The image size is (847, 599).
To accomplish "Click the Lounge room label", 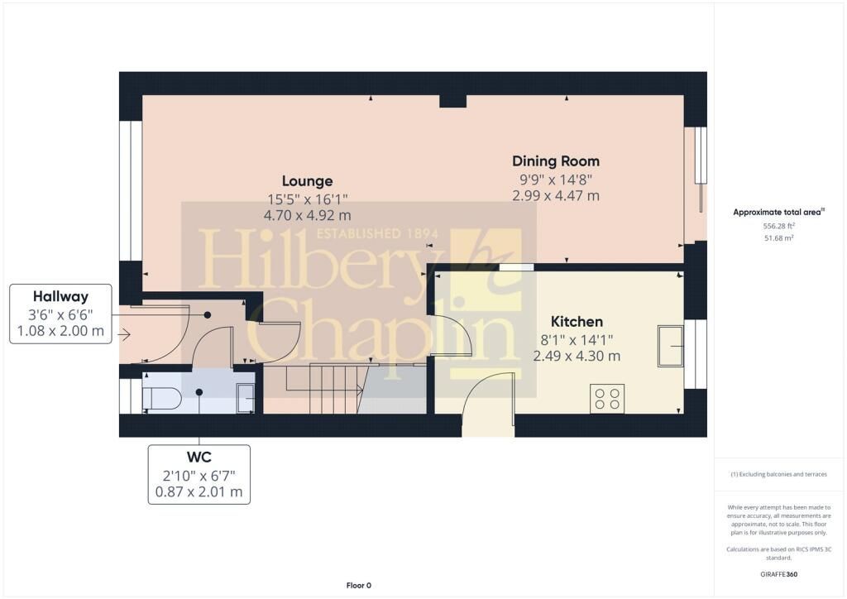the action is point(307,181).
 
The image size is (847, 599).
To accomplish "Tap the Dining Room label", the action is point(555,161).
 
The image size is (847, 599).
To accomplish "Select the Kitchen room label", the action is point(577,321).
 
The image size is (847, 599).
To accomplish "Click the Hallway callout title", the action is point(60,296).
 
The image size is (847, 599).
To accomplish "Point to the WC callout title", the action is point(199,458).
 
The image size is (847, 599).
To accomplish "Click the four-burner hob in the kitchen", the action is point(607,399).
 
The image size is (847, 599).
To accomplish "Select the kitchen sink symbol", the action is point(671,346).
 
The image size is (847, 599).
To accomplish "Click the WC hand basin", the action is point(246,399).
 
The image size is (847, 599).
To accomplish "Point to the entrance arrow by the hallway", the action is point(124,335).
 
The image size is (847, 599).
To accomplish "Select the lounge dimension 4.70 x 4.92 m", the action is point(307,215).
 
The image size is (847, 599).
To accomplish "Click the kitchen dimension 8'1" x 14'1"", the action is point(577,340).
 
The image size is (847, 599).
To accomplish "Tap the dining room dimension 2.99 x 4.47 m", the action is point(555,195).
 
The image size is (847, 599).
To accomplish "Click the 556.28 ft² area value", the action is point(778,227).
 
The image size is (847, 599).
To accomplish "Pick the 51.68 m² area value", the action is point(778,237).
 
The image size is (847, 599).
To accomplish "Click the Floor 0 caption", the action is point(359,586).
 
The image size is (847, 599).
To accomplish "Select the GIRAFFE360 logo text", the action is point(778,574).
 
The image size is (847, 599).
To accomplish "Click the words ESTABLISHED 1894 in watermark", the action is point(377,234).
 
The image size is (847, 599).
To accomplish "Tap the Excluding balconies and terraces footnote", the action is point(778,474).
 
